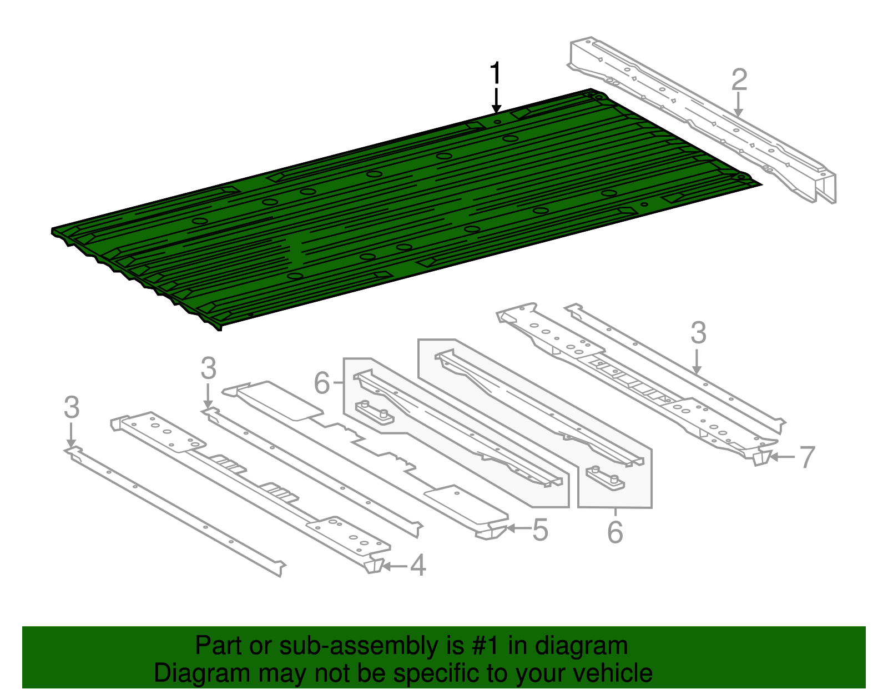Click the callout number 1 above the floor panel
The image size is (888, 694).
point(496,75)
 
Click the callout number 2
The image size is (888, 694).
point(739,80)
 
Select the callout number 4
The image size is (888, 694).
point(418,566)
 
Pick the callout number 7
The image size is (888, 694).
point(806,457)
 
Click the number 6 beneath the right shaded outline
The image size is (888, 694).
point(615,532)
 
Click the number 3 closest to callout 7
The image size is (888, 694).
point(698,333)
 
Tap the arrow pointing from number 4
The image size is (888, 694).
point(395,566)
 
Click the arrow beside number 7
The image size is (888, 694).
point(783,457)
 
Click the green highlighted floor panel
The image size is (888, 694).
point(389,211)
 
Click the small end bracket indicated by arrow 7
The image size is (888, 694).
point(762,457)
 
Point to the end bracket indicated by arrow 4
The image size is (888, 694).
point(374,565)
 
